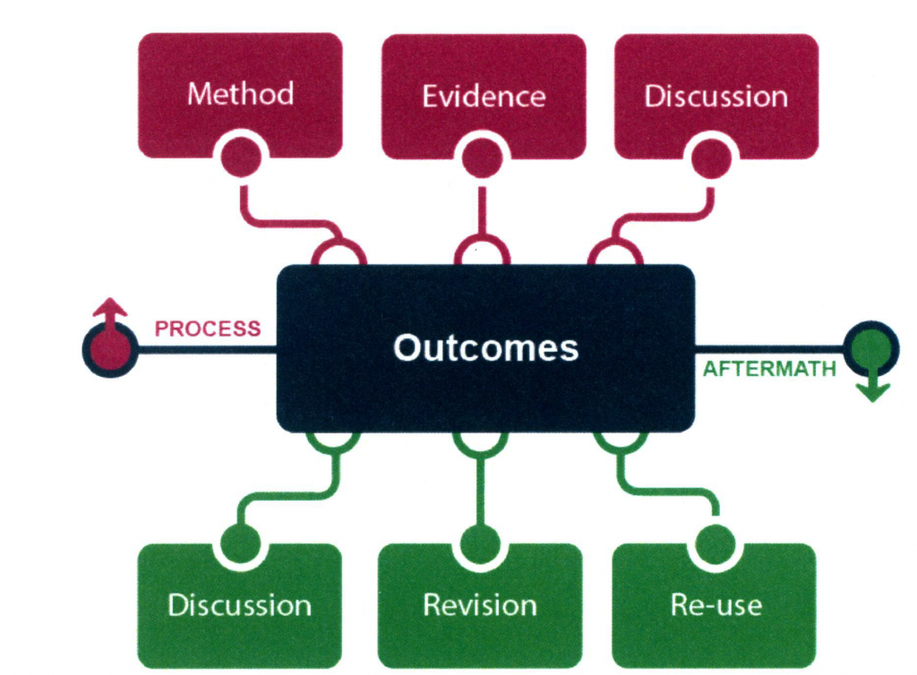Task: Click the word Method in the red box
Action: coord(240,93)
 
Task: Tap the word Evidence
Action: coord(484,97)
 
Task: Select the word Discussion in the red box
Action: coord(716,97)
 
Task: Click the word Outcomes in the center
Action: coord(486,347)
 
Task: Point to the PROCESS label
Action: coord(208,329)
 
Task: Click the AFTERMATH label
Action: coord(769,370)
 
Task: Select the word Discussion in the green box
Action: coord(239,605)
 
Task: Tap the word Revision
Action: coord(480,605)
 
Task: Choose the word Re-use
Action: coord(716,605)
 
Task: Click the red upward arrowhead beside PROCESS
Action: coord(110,307)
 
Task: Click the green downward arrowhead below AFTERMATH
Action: coord(872,391)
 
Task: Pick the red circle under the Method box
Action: coord(241,157)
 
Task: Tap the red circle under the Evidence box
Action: coord(483,158)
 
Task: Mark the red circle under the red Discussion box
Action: coord(711,158)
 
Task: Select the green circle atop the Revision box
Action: coord(480,544)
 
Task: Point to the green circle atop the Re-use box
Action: coord(716,544)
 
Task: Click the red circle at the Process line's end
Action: coord(110,349)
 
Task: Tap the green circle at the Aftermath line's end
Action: coord(872,349)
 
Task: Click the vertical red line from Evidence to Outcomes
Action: coord(483,211)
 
